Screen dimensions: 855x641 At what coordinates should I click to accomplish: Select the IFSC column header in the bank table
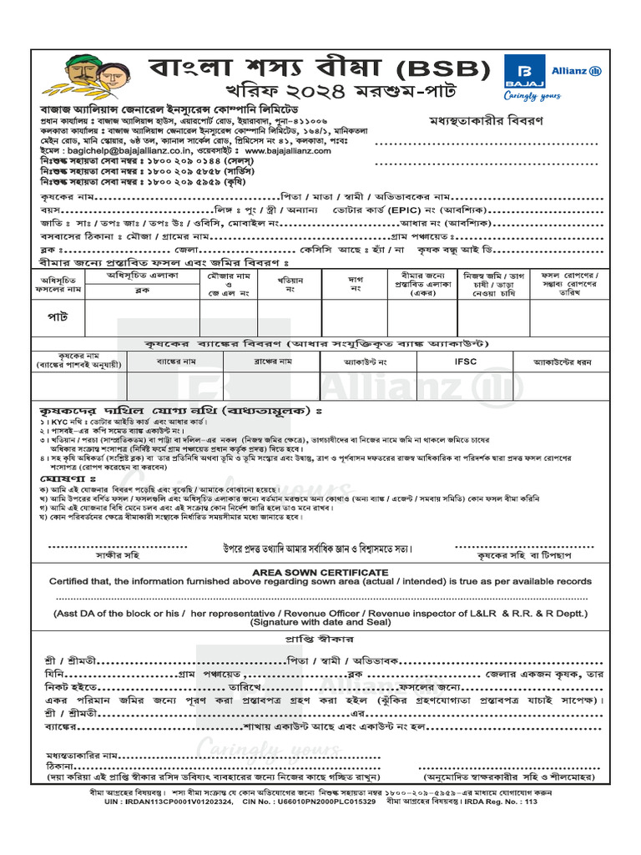466,362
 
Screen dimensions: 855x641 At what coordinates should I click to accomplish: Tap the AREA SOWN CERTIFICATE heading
320,571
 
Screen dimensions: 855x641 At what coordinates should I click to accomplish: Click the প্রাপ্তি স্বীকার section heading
320,638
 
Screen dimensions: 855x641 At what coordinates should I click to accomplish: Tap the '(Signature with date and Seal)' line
320,622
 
